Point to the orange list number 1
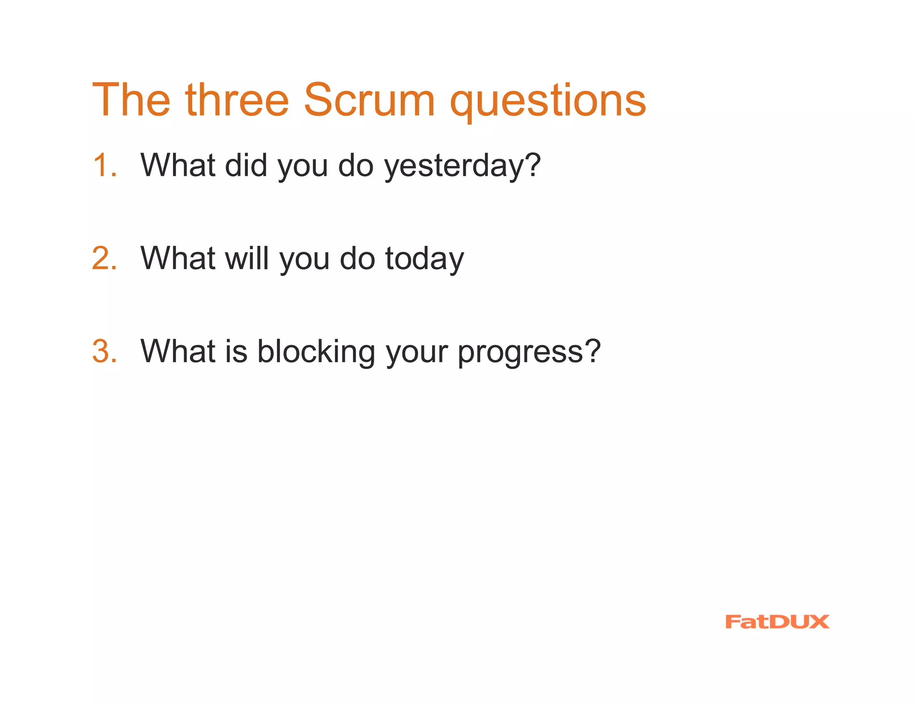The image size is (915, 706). click(x=103, y=165)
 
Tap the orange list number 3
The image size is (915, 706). click(x=104, y=351)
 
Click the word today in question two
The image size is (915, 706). click(x=424, y=260)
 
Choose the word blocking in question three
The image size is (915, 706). click(x=316, y=353)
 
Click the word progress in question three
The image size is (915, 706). click(x=520, y=353)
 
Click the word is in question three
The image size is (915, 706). click(x=236, y=351)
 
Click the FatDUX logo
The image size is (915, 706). click(x=777, y=622)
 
